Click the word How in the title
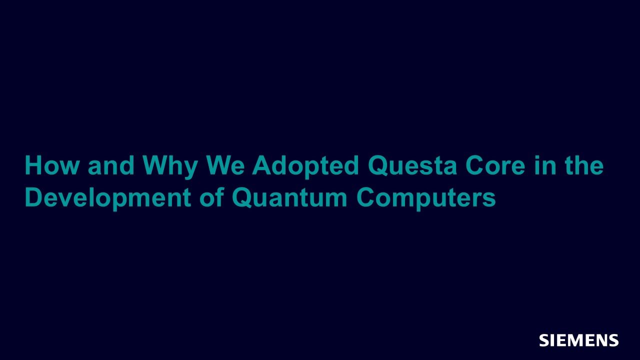[51, 165]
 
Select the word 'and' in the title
[111, 165]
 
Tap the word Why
[170, 167]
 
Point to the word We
[225, 165]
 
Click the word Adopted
[305, 167]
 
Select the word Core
[495, 165]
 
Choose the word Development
[108, 199]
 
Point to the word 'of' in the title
[211, 197]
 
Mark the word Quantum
[289, 197]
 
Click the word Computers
[426, 199]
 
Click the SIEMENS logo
[579, 340]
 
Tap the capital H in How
[33, 165]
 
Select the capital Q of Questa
[378, 166]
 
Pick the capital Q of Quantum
[242, 197]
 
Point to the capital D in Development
[34, 197]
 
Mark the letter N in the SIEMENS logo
[598, 340]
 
